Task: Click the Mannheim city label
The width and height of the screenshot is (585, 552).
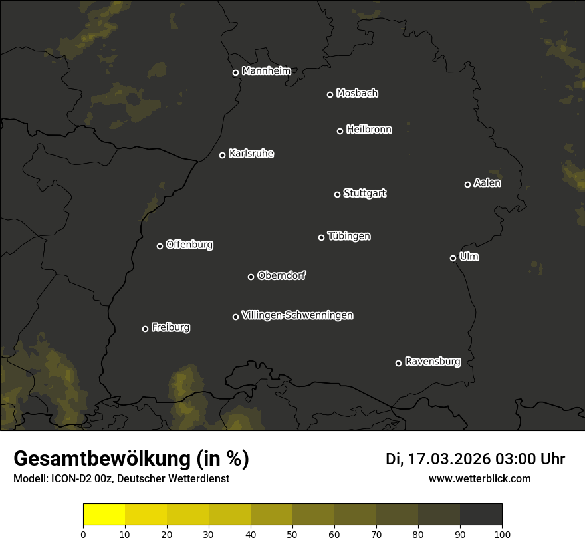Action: [x=267, y=71]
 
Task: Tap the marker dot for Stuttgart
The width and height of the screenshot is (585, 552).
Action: [x=337, y=194]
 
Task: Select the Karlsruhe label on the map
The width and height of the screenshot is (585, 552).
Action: [x=251, y=154]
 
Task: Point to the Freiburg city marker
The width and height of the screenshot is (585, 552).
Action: [x=145, y=329]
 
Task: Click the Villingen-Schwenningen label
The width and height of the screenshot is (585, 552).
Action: [x=297, y=315]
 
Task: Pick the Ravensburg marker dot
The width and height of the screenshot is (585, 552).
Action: [x=398, y=363]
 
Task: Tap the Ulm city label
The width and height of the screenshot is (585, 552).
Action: [x=469, y=257]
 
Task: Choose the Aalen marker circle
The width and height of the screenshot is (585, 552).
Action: [x=467, y=184]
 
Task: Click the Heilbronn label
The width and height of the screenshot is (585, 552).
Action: [x=369, y=130]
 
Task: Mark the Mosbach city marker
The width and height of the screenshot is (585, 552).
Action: [x=330, y=94]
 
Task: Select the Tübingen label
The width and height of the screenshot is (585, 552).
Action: [x=349, y=236]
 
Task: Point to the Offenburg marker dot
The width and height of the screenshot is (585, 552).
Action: [x=160, y=246]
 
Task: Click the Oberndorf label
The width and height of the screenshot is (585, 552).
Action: [x=282, y=275]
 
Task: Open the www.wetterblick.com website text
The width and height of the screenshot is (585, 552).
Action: [x=480, y=478]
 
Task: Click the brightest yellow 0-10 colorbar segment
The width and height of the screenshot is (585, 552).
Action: [x=104, y=515]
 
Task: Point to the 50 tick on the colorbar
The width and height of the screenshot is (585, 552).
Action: [x=292, y=533]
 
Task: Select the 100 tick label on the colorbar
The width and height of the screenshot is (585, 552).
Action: [x=502, y=534]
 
